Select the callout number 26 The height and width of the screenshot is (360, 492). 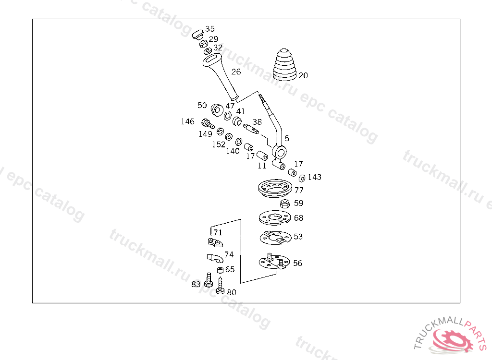coord(236,72)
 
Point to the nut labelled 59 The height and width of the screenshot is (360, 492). coord(284,204)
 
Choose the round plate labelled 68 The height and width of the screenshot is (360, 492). coord(274,218)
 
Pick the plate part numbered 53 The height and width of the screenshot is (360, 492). coord(273,236)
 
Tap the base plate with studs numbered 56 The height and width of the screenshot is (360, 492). coord(272,262)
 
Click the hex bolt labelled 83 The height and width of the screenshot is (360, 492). coord(208,280)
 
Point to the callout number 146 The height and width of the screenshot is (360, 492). coord(188,122)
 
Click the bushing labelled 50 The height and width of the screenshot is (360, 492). coord(216,109)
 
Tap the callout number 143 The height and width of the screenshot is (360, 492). coord(314,178)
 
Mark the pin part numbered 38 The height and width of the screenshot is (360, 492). coord(251,128)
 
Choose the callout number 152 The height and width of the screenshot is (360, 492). coord(219,144)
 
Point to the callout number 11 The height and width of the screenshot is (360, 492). coord(261,166)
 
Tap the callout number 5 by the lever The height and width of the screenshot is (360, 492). coord(287,138)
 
